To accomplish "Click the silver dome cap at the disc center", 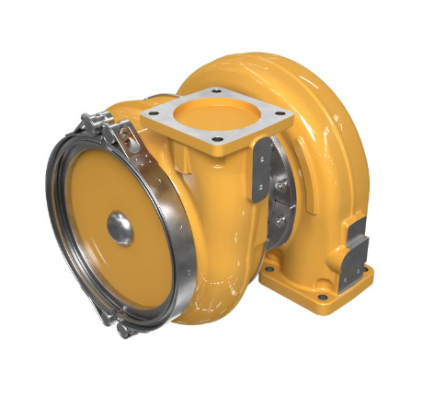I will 120,228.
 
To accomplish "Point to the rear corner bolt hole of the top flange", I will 217,90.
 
